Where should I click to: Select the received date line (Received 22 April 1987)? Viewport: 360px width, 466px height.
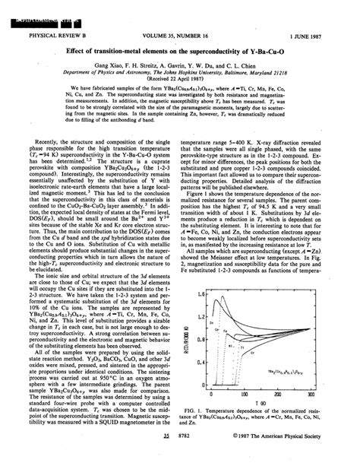(x=179, y=82)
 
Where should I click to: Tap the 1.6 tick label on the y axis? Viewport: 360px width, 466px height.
(x=200, y=293)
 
